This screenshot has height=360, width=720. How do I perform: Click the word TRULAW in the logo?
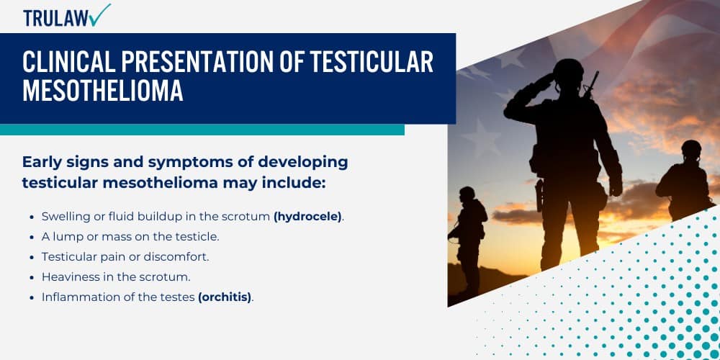click(x=55, y=18)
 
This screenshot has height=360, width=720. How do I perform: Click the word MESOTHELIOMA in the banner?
click(x=103, y=91)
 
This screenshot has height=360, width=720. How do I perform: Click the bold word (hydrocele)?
click(x=307, y=216)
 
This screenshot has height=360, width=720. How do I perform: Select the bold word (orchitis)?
click(x=225, y=297)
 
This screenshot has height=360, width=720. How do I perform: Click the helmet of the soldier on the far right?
click(x=691, y=150)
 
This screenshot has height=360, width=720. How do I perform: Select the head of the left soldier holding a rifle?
click(x=467, y=194)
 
